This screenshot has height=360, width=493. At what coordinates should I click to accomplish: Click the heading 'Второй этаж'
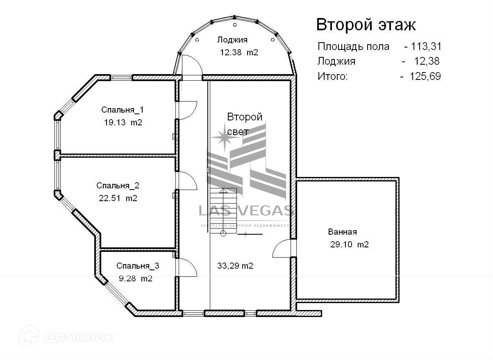(366, 25)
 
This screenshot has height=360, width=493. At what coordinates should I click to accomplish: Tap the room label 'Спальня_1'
(122, 110)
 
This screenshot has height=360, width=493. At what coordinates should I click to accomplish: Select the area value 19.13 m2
(123, 122)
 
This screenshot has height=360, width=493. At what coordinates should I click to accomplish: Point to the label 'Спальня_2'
(118, 186)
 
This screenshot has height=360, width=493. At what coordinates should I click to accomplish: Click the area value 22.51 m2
(118, 198)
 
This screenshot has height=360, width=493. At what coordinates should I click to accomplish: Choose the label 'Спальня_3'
(138, 266)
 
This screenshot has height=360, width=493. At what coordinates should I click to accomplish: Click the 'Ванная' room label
(342, 232)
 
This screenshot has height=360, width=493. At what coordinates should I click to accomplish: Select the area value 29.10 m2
(349, 245)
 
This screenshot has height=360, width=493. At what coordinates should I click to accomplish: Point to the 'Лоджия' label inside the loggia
(232, 40)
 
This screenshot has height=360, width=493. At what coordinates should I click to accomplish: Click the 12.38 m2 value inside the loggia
(239, 52)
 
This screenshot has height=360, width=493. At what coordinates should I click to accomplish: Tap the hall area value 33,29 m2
(235, 266)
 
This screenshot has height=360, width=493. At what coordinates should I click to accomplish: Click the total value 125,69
(425, 76)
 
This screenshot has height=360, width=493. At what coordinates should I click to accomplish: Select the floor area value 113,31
(426, 46)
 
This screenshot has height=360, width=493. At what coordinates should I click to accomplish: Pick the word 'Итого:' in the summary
(332, 76)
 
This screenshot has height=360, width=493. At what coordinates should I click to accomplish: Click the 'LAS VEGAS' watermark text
(245, 211)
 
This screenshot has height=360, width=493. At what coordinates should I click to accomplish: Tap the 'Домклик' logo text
(78, 337)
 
